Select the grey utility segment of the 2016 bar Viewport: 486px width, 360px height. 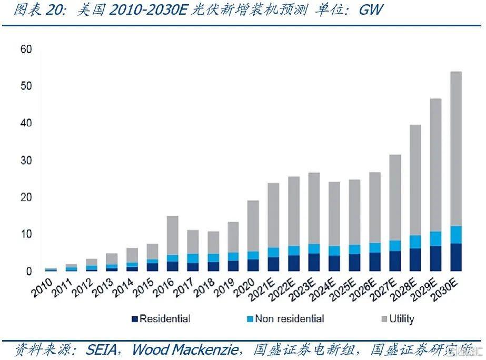coord(172,235)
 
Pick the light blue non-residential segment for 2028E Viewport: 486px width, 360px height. coord(415,242)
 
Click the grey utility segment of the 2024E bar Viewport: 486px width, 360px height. coord(334,214)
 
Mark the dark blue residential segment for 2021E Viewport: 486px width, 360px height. coord(273,264)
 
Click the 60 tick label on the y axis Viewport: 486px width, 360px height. coord(26,49)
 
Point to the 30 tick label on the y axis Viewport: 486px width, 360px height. coord(26,160)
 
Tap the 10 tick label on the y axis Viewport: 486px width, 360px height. coord(26,234)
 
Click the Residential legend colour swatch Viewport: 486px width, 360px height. coord(134,319)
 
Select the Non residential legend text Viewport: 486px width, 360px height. coord(289,319)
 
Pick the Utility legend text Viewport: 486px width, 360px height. coord(401,319)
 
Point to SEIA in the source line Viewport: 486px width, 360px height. coord(103,349)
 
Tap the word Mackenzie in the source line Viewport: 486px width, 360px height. coord(210,349)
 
